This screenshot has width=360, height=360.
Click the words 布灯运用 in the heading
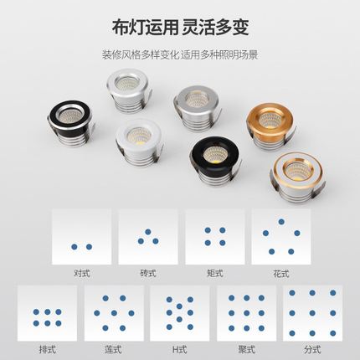click(x=140, y=28)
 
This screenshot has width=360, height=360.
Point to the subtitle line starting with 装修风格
click(x=179, y=54)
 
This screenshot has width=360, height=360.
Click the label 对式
click(x=81, y=273)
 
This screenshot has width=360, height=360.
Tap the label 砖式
click(x=148, y=273)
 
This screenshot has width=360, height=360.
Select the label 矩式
click(x=215, y=273)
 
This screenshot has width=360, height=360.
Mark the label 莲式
click(x=114, y=350)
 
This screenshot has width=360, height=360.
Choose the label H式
click(x=180, y=350)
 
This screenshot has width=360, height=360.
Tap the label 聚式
click(x=246, y=350)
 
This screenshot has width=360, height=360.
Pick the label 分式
click(x=312, y=350)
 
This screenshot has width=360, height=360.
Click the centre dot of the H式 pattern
click(x=180, y=314)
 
